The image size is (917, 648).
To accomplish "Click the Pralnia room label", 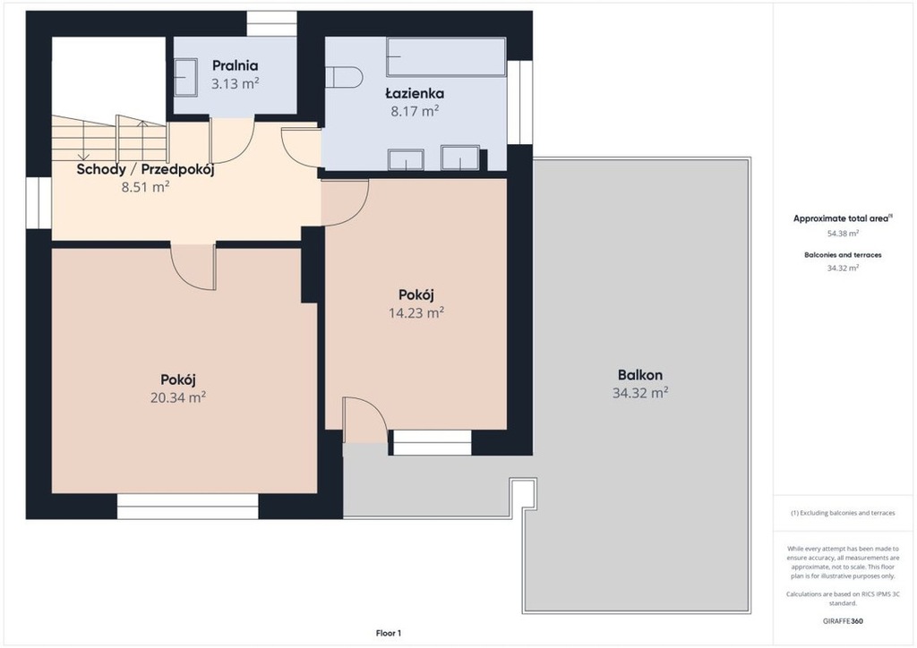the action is point(236,65).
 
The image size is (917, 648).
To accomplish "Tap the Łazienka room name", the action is point(415,93).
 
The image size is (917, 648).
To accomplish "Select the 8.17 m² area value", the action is point(415,110).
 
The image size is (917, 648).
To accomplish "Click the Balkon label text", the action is point(640,375).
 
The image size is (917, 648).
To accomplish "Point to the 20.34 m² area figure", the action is point(178,397).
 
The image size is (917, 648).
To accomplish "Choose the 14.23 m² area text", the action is point(416,312).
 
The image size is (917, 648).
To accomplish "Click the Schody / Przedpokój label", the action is point(146,169).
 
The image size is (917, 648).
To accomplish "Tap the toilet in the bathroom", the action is point(344,77).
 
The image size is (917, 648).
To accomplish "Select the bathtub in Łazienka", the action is point(446,56).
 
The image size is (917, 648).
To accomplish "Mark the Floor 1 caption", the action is point(389,633).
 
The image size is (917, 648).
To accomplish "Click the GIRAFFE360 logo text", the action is point(842,621).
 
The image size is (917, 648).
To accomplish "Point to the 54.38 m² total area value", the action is point(843,233).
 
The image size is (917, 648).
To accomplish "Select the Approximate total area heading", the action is point(841,218).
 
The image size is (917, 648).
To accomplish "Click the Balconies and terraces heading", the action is point(843,255).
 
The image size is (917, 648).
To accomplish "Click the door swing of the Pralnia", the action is point(232,141).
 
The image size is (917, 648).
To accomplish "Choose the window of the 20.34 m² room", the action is point(188,506).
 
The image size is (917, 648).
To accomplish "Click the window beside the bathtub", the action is point(519,102).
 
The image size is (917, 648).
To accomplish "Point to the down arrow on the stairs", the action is point(84,138).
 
